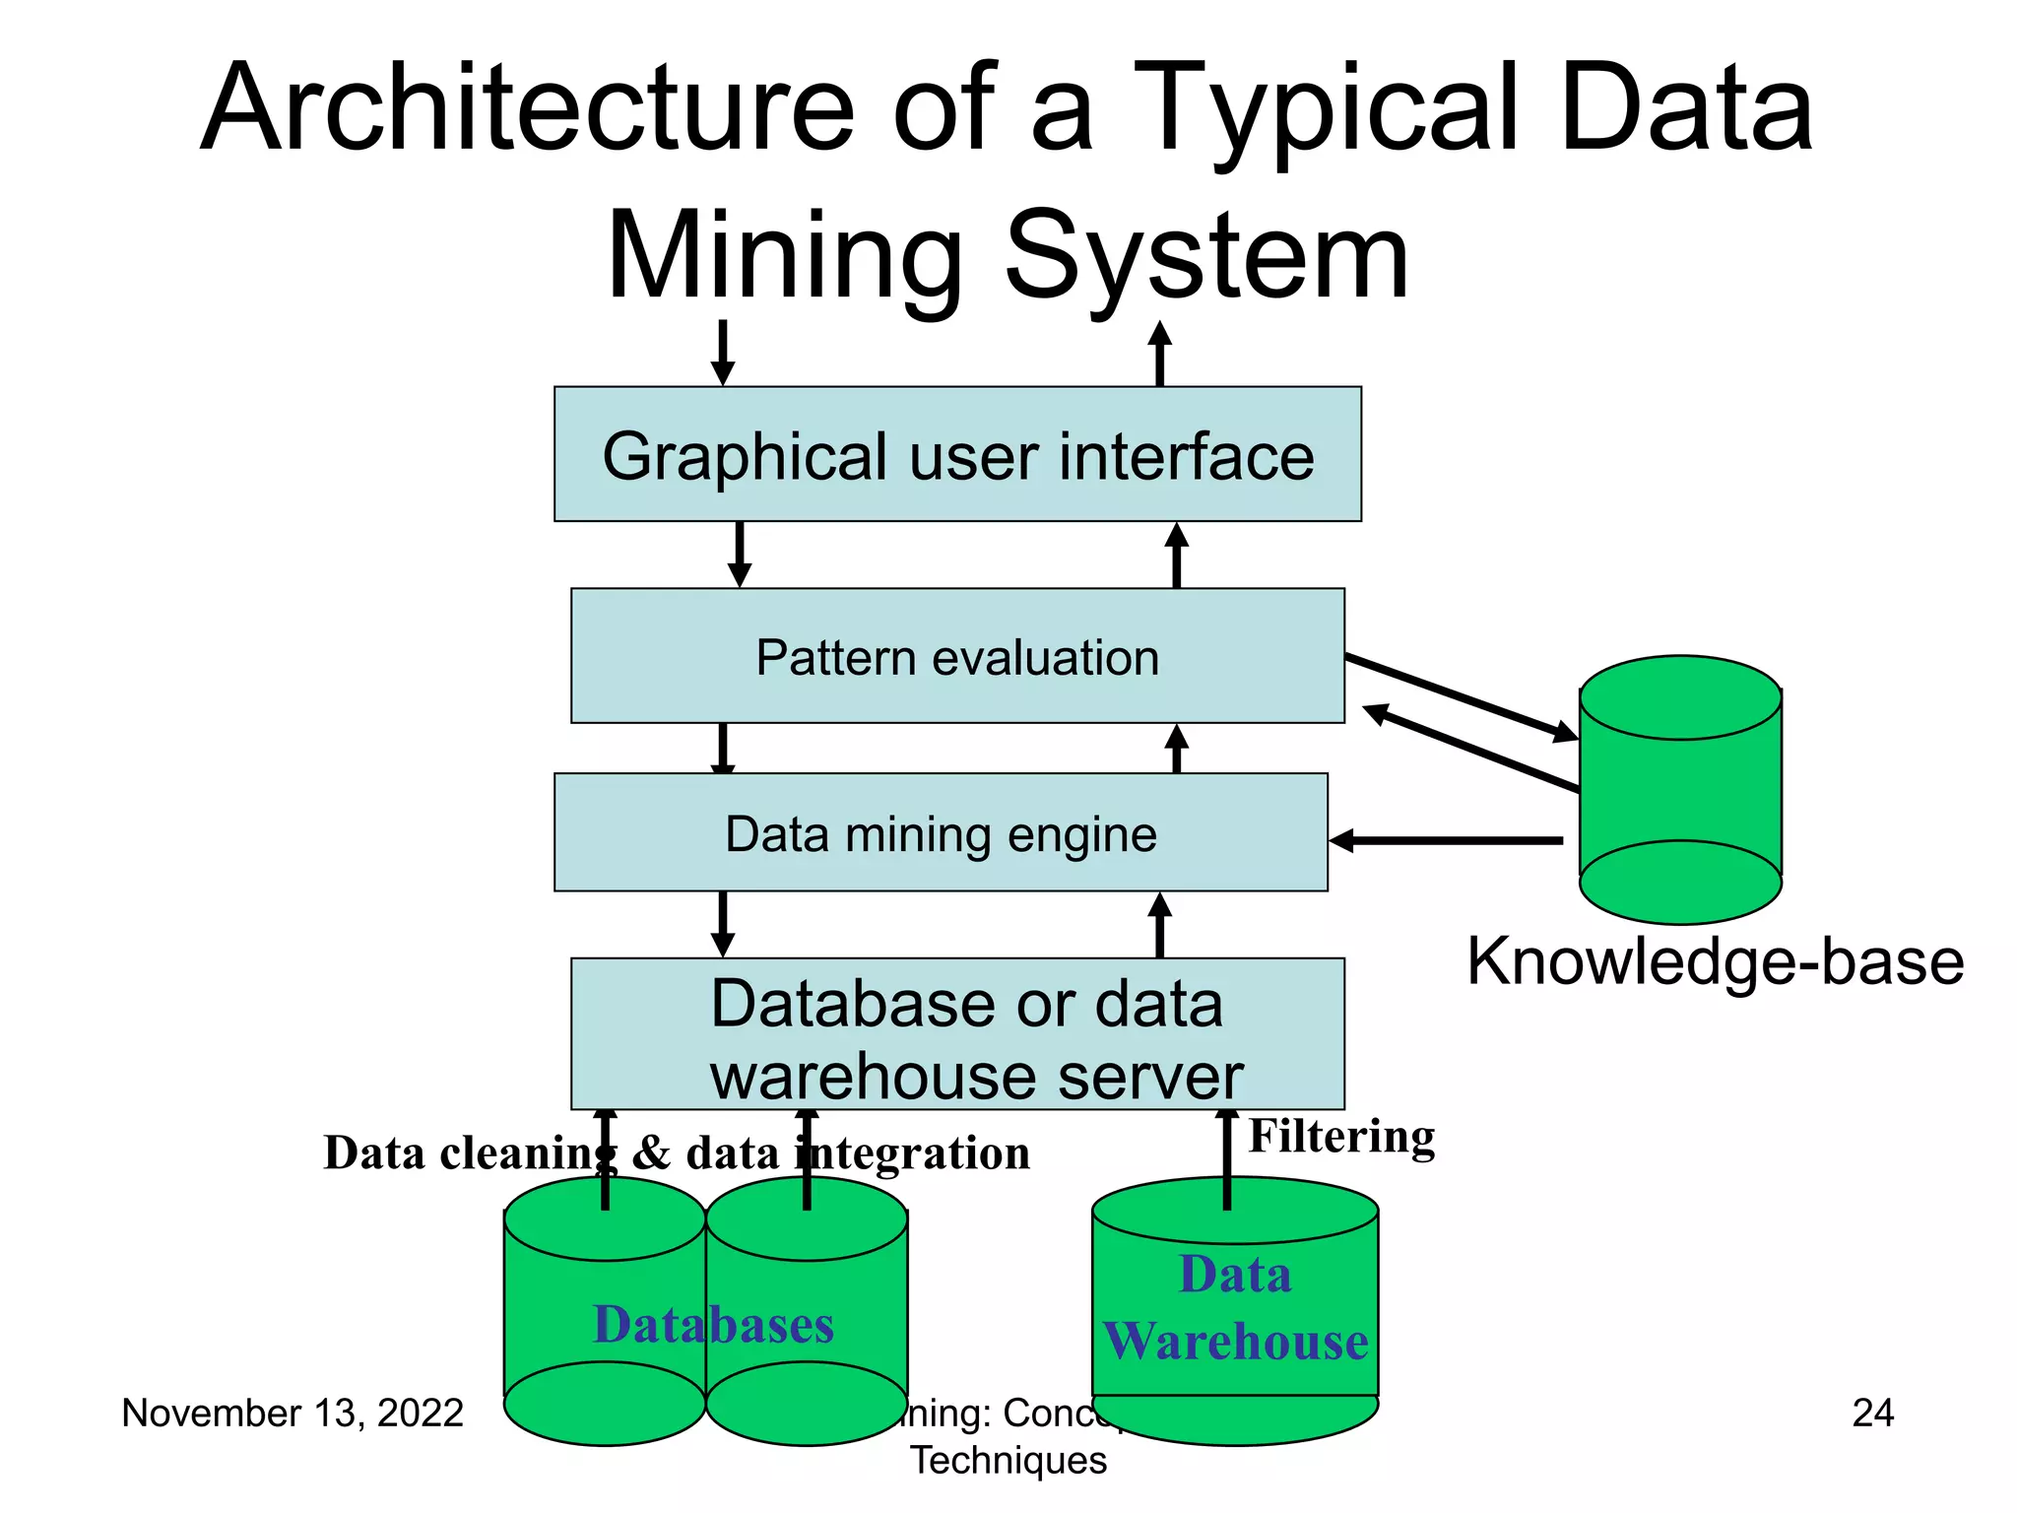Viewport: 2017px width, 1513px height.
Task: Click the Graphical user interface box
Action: (957, 454)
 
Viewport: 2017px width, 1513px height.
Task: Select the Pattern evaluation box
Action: (957, 656)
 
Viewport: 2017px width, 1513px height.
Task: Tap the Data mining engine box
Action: (941, 833)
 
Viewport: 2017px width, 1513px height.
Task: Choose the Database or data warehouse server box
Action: (957, 1034)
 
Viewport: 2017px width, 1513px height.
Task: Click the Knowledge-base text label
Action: (1715, 961)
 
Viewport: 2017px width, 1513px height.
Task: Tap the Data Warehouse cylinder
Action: (1235, 1310)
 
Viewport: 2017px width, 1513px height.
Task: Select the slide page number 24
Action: (1872, 1413)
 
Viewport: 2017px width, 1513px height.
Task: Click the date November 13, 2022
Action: (293, 1413)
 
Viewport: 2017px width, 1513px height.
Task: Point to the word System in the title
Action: (1206, 256)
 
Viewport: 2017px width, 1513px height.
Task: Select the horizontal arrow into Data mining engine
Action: (1446, 841)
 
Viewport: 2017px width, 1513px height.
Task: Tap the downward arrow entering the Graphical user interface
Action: (723, 352)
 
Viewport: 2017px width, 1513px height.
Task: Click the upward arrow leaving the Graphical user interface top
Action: (1160, 352)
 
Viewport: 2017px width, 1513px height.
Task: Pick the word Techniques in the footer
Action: (1008, 1460)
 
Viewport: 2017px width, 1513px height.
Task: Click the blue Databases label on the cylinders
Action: (713, 1324)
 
